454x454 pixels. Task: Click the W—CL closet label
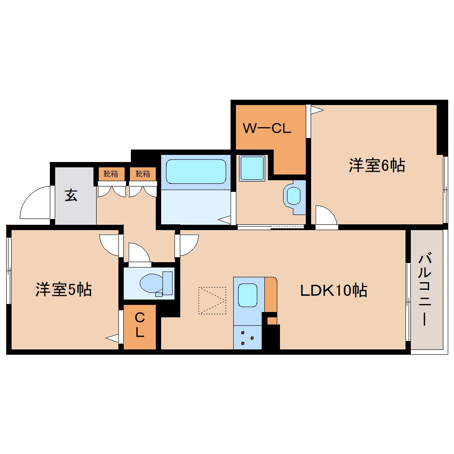click(x=267, y=129)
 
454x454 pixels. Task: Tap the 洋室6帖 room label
click(x=377, y=166)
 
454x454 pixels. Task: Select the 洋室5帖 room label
click(x=64, y=290)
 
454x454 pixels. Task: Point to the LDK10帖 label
click(x=333, y=291)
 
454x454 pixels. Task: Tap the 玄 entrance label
click(x=71, y=195)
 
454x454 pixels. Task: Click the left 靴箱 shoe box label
click(x=111, y=174)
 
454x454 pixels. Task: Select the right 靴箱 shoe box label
click(x=143, y=174)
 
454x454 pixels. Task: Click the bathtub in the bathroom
click(x=196, y=171)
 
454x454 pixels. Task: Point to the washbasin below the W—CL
click(x=293, y=195)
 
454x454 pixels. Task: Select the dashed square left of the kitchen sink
click(x=212, y=300)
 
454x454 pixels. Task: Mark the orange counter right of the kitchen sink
click(x=271, y=294)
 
